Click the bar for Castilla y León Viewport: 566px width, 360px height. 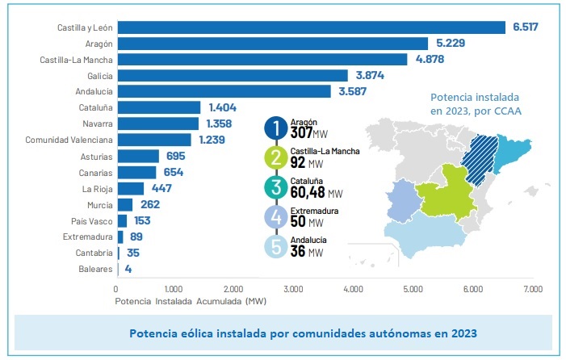[x=311, y=27]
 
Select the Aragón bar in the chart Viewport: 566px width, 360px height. [x=273, y=43]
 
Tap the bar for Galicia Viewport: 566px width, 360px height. [x=233, y=75]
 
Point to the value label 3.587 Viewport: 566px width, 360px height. [x=354, y=91]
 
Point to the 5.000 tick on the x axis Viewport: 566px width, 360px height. [x=413, y=288]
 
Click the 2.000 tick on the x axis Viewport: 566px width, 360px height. [x=234, y=288]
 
